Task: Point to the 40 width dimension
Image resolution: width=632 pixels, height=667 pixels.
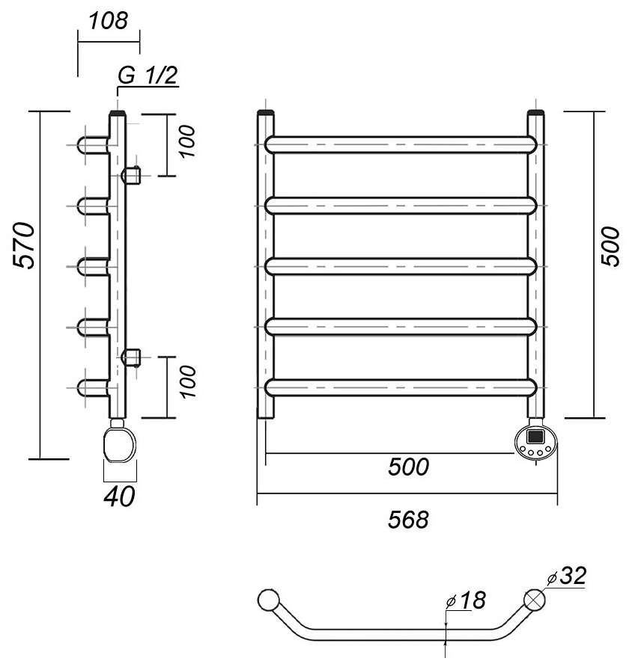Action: click(x=119, y=495)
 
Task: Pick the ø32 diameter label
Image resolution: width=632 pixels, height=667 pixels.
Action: click(x=567, y=577)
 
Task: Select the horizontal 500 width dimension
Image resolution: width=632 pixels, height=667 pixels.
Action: click(x=408, y=467)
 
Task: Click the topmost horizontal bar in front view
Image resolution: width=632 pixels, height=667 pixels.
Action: click(x=402, y=144)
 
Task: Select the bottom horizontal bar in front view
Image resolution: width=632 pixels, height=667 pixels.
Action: click(x=402, y=387)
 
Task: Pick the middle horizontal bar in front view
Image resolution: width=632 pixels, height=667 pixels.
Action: click(x=402, y=265)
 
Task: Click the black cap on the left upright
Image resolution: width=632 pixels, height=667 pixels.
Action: click(x=267, y=114)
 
